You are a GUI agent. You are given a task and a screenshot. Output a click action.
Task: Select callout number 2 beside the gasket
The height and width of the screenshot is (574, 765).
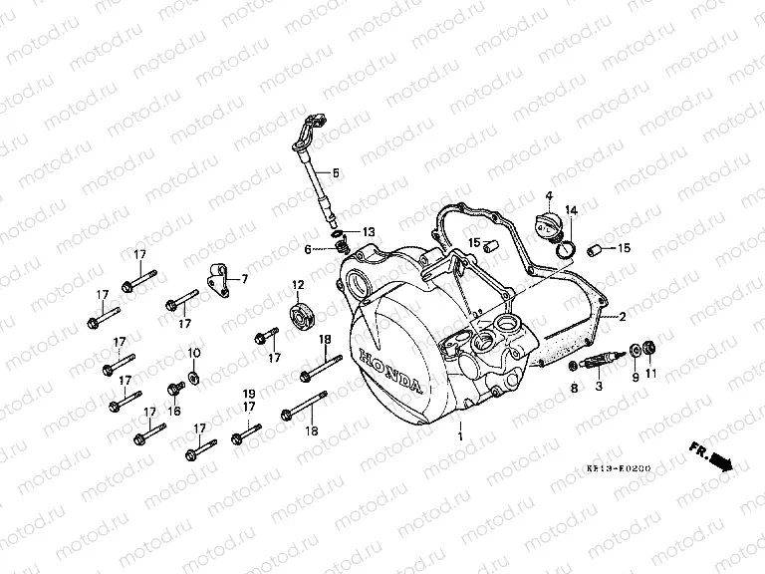[622, 318]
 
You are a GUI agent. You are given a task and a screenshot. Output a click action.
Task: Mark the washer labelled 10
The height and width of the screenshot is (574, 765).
[193, 376]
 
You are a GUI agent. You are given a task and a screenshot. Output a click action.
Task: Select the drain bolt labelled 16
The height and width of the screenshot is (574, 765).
[174, 386]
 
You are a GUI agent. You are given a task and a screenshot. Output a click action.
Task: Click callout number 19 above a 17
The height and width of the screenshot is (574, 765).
[250, 394]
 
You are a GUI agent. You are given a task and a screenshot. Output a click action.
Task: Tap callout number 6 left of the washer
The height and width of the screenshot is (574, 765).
[309, 249]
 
